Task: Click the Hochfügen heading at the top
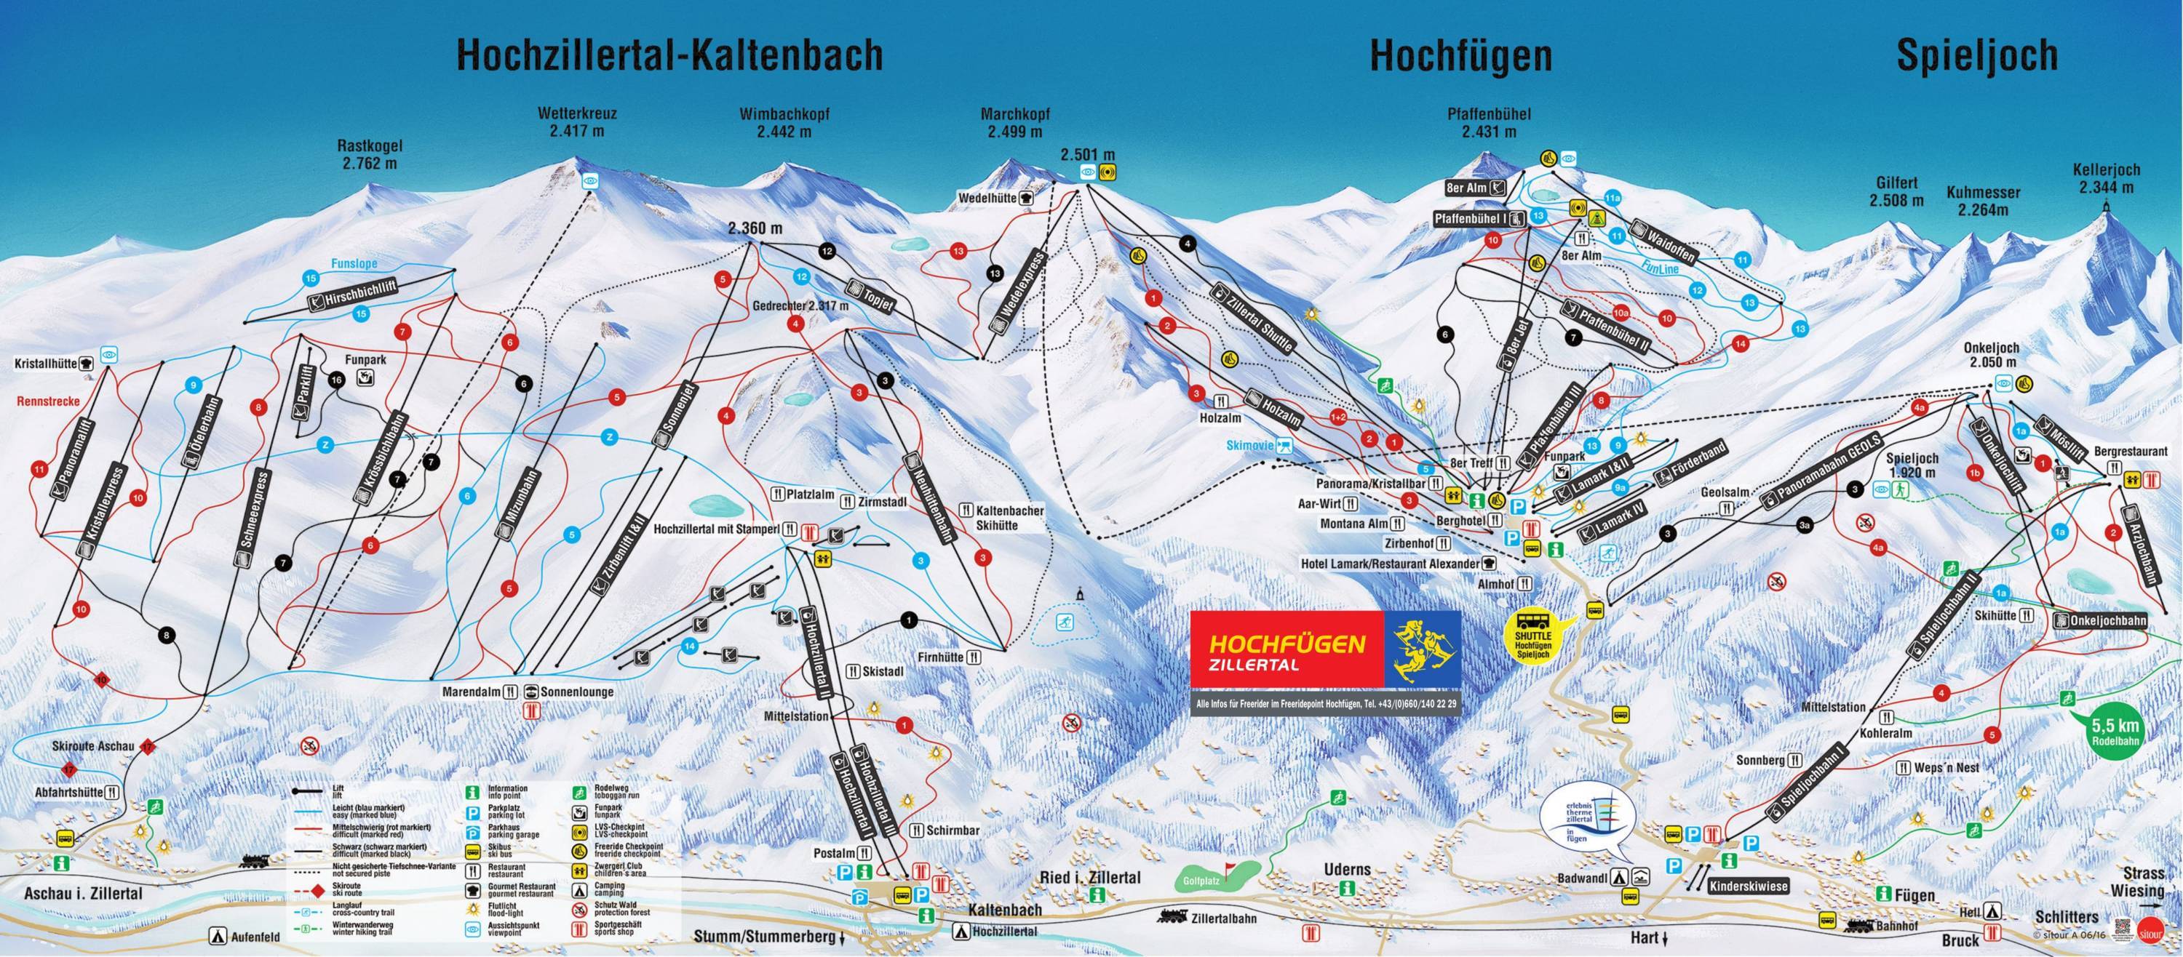click(1461, 56)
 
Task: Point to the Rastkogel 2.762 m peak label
click(370, 156)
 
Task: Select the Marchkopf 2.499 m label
click(1014, 123)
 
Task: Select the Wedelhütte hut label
click(987, 196)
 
